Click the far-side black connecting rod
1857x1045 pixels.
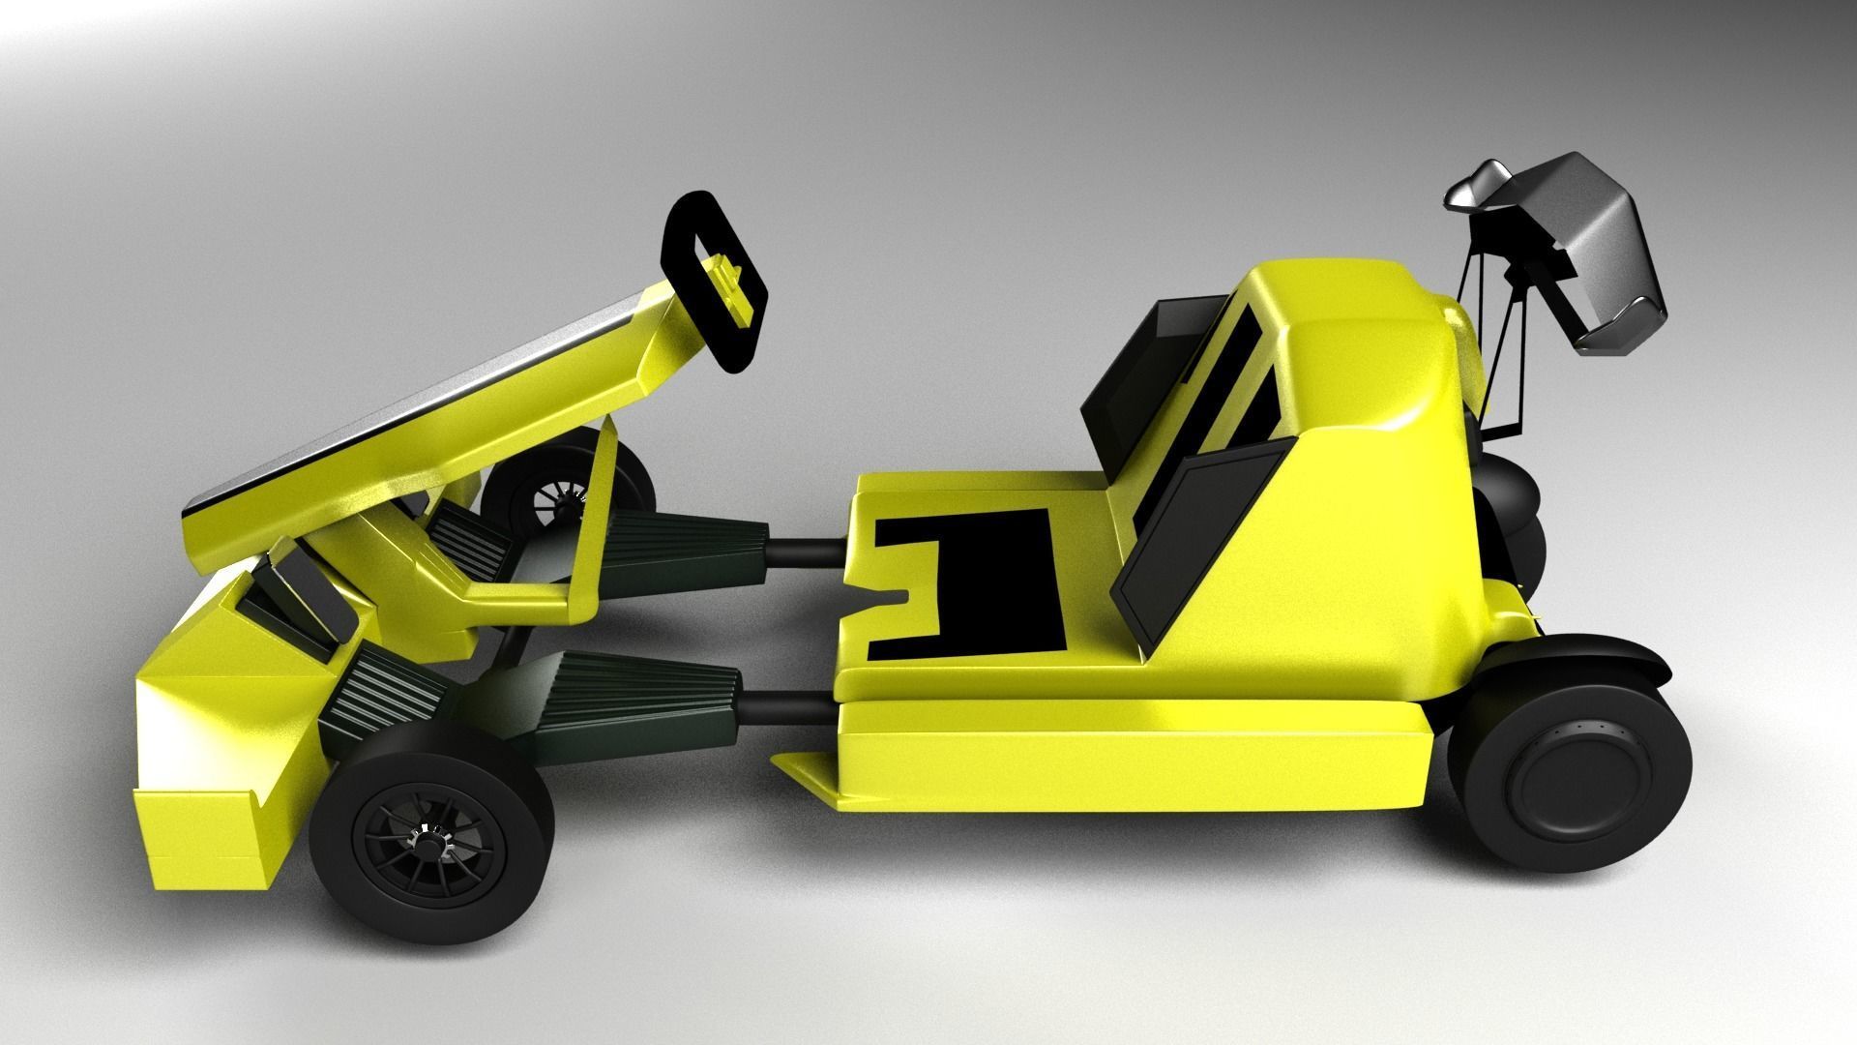pyautogui.click(x=808, y=553)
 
